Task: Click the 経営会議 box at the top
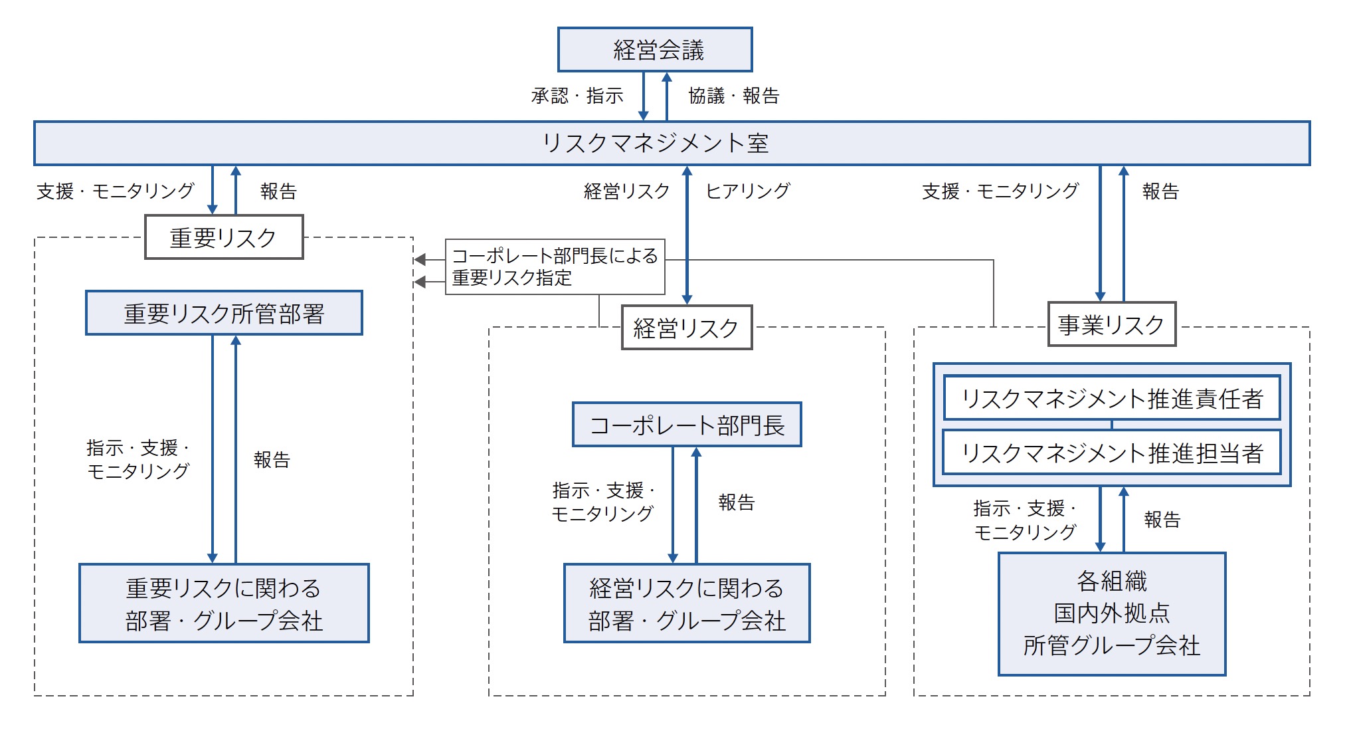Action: coord(655,50)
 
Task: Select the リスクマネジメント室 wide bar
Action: coord(672,143)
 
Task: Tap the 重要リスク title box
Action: coord(224,237)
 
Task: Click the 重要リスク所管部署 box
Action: coord(224,313)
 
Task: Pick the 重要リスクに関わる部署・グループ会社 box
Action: coord(224,603)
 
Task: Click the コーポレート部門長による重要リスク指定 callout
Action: coord(555,266)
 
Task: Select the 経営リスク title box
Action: coord(687,328)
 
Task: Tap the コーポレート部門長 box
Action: coord(687,425)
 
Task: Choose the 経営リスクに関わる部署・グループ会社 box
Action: coord(687,603)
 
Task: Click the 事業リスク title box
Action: coord(1112,324)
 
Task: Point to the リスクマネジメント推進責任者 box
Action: coord(1112,398)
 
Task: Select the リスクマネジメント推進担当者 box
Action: coord(1112,453)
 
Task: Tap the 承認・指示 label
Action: coord(577,96)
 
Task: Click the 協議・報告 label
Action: coord(733,96)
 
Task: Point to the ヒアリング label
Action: coord(747,191)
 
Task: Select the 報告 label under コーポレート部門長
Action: coord(737,502)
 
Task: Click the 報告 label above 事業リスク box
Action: coord(1160,191)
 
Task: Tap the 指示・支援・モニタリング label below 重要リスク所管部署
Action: coord(138,459)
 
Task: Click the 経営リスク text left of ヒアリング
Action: coord(626,191)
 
